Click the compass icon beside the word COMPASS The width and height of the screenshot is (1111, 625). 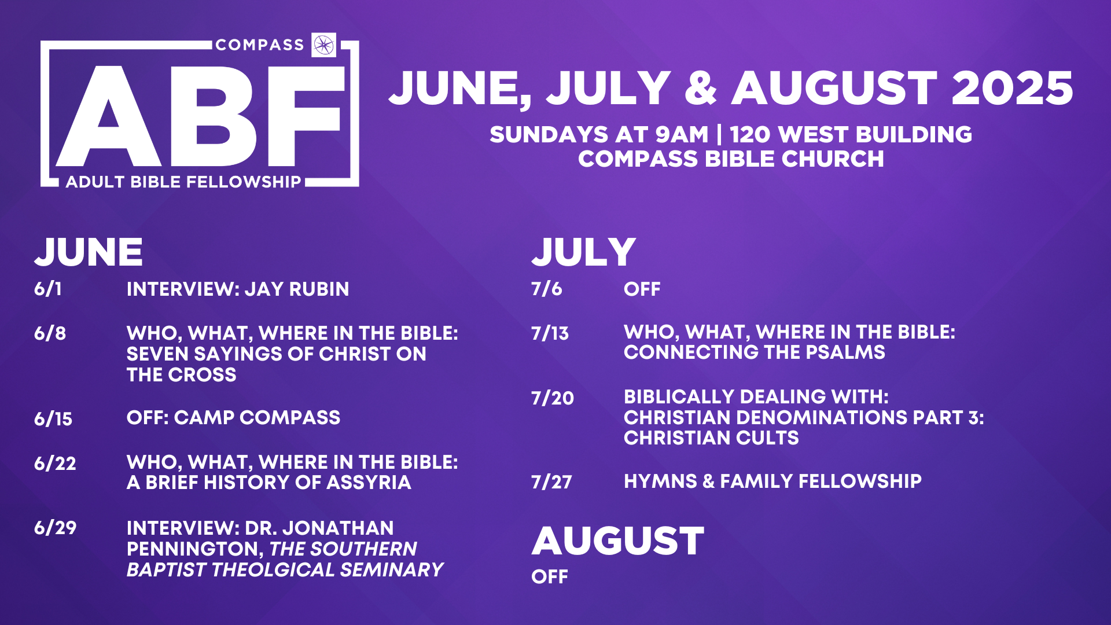[x=323, y=45]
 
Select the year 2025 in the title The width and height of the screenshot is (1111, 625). [x=1012, y=89]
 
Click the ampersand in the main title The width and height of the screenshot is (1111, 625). [x=701, y=89]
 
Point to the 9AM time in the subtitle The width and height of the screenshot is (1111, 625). [x=682, y=135]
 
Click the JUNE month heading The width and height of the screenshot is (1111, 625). [x=89, y=252]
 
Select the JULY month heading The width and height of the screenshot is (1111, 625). [x=584, y=252]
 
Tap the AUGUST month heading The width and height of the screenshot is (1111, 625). [x=618, y=541]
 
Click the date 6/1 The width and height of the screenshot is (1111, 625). [x=47, y=289]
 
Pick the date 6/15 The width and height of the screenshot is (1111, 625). [x=53, y=418]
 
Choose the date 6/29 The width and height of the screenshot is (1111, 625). [x=56, y=528]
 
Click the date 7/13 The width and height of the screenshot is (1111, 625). [x=550, y=333]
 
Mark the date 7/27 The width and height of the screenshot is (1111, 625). [x=552, y=481]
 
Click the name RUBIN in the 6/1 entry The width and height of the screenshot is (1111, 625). [x=319, y=289]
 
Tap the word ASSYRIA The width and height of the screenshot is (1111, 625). [x=369, y=483]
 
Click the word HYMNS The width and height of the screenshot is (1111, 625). [x=660, y=481]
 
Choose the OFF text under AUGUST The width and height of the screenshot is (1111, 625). [x=550, y=577]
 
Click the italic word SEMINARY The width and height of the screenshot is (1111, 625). [x=392, y=570]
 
